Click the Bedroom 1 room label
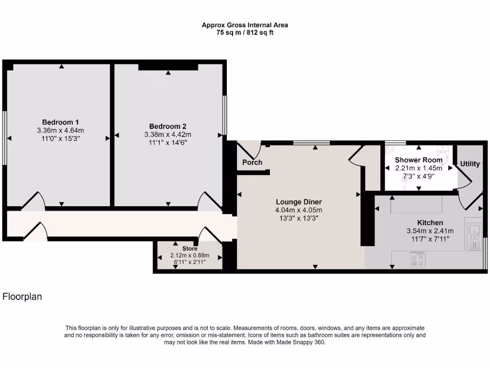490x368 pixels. pos(60,122)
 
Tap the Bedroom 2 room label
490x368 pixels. pos(167,126)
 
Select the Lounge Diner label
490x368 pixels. pos(299,202)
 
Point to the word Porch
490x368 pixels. pos(252,162)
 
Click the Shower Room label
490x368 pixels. pos(419,160)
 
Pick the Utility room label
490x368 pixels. pos(470,164)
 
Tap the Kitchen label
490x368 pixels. pos(430,223)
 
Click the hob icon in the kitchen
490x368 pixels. pos(417,260)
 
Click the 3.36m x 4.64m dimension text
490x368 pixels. pos(60,130)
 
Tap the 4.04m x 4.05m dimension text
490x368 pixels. pos(299,210)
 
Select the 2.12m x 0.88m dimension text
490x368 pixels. pos(189,255)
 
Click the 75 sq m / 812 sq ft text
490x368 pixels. pos(245,33)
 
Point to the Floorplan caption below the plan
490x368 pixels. pos(22,297)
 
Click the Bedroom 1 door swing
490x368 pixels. pos(34,201)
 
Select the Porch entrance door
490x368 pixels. pos(249,149)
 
